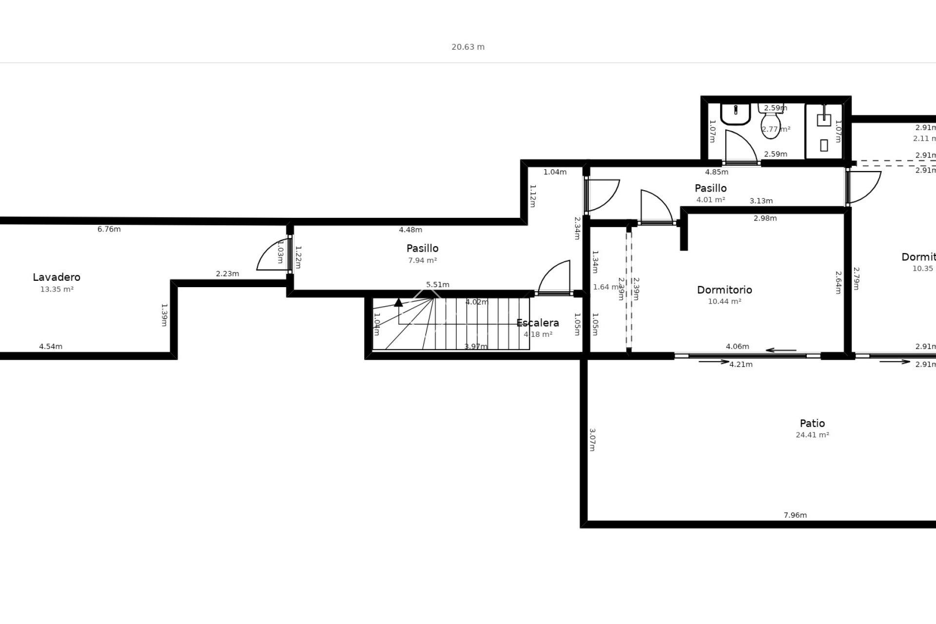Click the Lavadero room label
(57, 277)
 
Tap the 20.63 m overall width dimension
(468, 47)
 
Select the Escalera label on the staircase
(537, 323)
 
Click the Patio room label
(812, 423)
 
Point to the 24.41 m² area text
(812, 435)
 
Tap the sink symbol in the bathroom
(735, 114)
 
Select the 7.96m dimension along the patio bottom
(795, 515)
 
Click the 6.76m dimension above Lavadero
(109, 229)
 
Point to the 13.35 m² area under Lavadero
(57, 289)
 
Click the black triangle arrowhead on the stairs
(398, 302)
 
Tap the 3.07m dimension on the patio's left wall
(592, 440)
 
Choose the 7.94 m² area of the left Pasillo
(422, 260)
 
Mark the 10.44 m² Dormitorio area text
(724, 301)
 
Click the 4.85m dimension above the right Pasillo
(717, 172)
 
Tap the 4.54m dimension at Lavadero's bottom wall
(51, 347)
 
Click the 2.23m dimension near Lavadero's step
(227, 273)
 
